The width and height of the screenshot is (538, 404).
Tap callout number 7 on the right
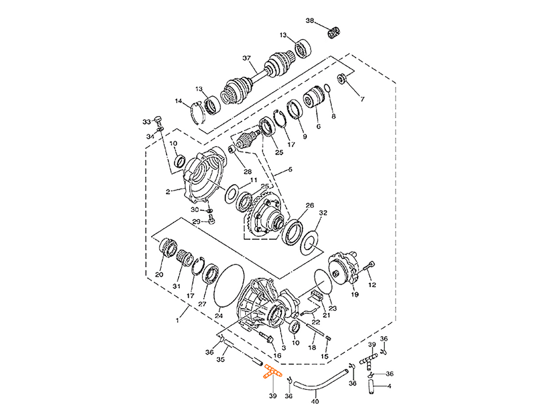[x=361, y=98]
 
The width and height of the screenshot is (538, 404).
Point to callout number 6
[x=318, y=126]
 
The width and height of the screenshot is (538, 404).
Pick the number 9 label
[x=304, y=136]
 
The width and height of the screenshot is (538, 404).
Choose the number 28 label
[x=247, y=171]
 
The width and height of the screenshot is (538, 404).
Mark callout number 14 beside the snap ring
[x=178, y=101]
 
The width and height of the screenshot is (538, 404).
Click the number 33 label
[x=146, y=122]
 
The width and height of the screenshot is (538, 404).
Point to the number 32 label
[x=324, y=214]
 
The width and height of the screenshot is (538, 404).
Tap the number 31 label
[x=177, y=286]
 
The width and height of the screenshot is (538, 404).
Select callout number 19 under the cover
[x=355, y=295]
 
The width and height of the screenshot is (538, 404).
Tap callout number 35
[x=221, y=360]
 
